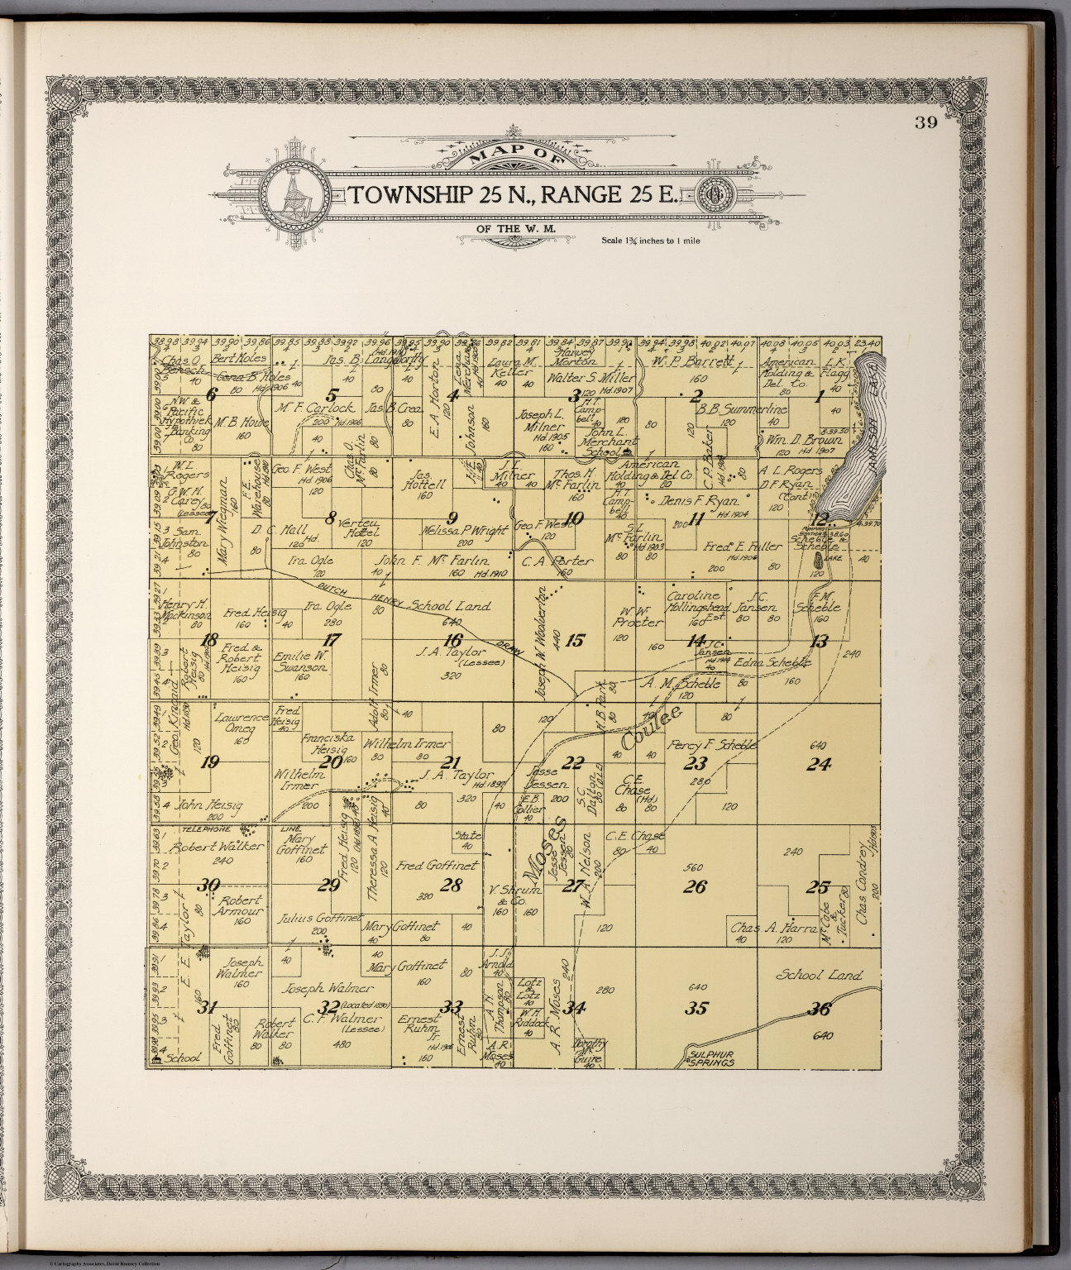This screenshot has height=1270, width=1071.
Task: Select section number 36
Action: (x=820, y=1008)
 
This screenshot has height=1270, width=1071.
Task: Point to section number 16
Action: (x=452, y=640)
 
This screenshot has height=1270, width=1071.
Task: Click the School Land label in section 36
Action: (x=819, y=976)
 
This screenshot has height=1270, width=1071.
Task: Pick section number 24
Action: (x=819, y=765)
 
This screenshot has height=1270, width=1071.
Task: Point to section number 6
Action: (x=210, y=394)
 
